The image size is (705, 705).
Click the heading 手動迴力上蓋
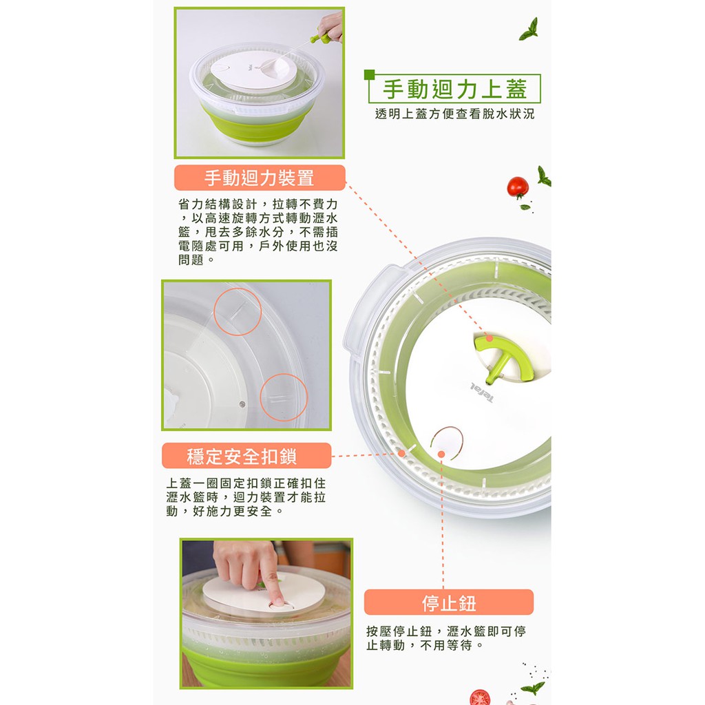(x=454, y=89)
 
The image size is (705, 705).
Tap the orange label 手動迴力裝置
(x=260, y=178)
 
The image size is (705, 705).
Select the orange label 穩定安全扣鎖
(x=246, y=456)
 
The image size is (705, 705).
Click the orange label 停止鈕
(x=449, y=602)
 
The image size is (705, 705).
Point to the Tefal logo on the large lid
(x=482, y=392)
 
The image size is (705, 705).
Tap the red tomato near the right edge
(x=518, y=187)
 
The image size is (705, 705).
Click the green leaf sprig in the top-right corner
(x=529, y=30)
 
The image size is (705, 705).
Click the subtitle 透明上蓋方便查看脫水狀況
(x=454, y=114)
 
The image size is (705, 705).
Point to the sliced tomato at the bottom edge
(x=481, y=697)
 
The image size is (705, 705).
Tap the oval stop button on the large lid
(x=447, y=442)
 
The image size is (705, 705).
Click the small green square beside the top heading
(x=369, y=74)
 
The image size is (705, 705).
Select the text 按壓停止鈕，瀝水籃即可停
(x=446, y=631)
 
